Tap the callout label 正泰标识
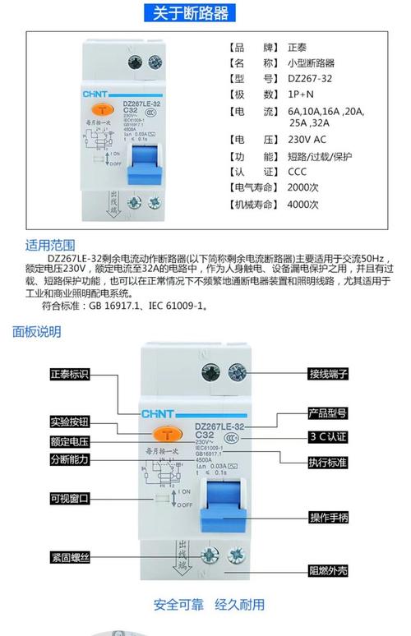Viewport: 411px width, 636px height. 69,374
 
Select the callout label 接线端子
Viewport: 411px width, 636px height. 329,374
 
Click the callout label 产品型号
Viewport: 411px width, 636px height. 329,413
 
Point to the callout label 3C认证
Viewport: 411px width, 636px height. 329,436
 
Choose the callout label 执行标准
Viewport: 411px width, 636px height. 329,463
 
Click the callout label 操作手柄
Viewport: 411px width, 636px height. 329,517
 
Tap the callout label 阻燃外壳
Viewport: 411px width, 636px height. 329,569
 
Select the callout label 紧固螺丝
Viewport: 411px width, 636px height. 69,558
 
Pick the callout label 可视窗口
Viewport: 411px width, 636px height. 69,499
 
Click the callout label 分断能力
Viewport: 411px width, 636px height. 69,459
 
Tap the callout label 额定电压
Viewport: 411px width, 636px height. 69,441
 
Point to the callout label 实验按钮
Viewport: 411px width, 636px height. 69,422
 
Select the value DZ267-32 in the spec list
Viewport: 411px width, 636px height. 310,79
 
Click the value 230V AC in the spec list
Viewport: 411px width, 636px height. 307,140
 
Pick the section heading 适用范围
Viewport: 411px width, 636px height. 50,244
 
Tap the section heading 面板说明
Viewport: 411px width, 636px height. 37,332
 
